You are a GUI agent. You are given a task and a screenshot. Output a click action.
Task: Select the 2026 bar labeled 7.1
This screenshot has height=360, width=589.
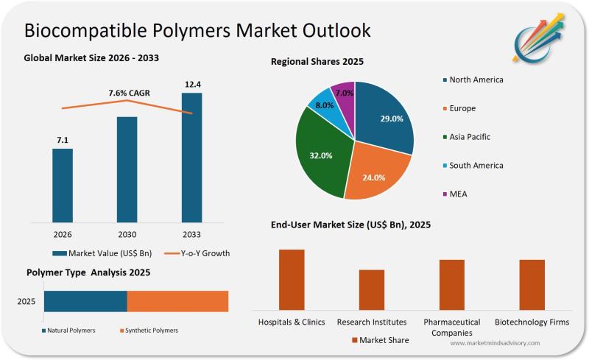click(x=63, y=184)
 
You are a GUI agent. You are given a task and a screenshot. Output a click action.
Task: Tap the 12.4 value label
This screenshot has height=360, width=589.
click(x=192, y=85)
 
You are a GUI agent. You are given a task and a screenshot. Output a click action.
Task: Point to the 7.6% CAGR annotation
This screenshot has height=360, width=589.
click(x=128, y=93)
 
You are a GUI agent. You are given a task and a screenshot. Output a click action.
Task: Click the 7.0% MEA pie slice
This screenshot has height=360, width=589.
click(x=344, y=93)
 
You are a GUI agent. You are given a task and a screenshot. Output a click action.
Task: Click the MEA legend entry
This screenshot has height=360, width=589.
click(x=457, y=194)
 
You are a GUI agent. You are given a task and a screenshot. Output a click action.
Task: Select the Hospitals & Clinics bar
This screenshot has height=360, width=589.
click(x=292, y=279)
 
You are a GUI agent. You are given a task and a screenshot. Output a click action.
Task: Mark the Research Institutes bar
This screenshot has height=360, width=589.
click(x=372, y=289)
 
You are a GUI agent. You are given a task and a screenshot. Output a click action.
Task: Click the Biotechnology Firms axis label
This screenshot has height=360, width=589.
click(x=532, y=322)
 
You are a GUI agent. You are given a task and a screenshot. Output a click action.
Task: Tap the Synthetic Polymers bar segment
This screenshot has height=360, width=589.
click(x=177, y=301)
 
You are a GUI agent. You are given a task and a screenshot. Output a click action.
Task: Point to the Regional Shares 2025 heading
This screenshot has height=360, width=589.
click(x=317, y=62)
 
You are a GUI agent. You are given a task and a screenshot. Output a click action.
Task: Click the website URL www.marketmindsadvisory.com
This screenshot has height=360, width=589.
click(x=494, y=343)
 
